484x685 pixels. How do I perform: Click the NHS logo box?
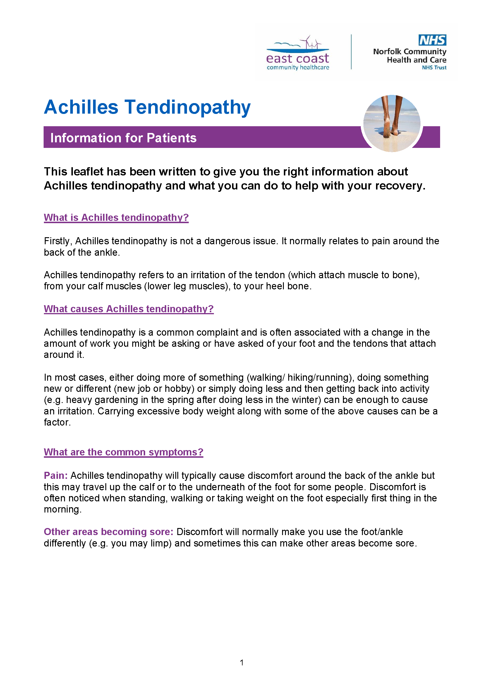432,40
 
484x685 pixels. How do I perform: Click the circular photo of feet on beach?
392,123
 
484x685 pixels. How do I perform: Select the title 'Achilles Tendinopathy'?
147,107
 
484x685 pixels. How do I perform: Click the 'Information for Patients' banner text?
123,138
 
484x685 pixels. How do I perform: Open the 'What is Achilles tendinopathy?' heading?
116,218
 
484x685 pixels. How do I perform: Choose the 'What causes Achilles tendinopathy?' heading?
129,309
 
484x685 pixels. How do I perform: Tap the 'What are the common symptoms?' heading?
123,452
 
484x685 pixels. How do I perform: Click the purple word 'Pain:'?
56,476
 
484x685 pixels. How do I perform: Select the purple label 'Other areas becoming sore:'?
109,532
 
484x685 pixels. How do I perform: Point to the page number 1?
242,663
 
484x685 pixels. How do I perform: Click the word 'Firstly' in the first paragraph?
57,241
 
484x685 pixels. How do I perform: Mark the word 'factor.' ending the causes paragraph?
57,422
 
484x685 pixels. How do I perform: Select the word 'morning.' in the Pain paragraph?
63,509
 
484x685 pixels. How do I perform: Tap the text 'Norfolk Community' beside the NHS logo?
409,52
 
